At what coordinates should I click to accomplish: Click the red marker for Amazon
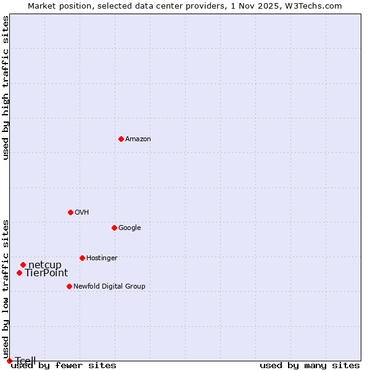coord(121,139)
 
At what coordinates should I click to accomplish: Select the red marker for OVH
coord(70,212)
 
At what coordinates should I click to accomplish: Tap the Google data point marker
coord(114,228)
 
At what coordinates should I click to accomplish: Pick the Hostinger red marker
coord(82,258)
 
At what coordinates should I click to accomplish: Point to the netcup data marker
coord(23,265)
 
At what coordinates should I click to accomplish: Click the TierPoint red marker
coord(19,273)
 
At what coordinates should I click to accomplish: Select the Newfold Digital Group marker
coord(69,286)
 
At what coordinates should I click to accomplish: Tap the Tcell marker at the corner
coord(9,361)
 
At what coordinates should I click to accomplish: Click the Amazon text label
coord(138,139)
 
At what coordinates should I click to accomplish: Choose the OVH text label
coord(82,212)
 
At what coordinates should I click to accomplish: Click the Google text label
coord(129,228)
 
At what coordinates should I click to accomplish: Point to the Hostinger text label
coord(102,258)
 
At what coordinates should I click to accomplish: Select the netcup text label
coord(45,265)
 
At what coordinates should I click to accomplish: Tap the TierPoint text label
coord(46,273)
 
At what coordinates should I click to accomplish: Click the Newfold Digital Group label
coord(109,286)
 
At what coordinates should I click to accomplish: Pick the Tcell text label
coord(25,361)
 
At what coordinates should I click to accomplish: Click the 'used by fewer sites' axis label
coord(64,366)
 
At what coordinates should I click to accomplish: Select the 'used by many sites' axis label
coord(310,366)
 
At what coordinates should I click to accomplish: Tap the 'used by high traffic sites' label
coord(6,88)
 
